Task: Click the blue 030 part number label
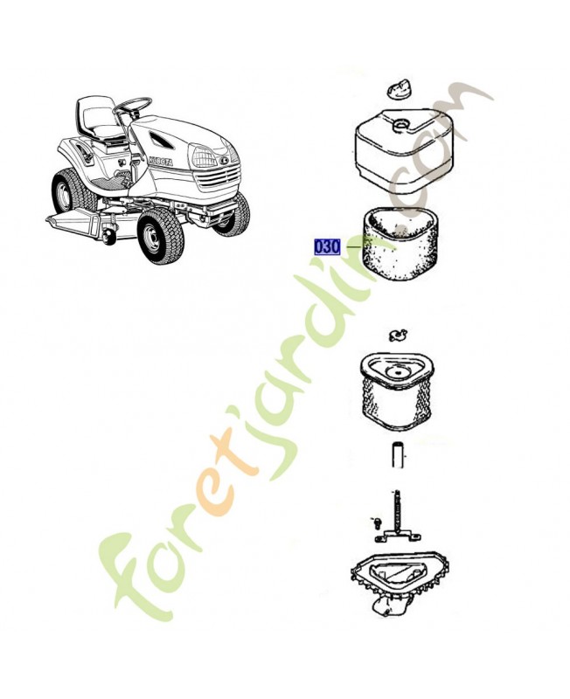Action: [x=327, y=246]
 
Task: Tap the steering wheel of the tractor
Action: [x=133, y=107]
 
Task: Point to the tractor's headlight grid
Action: [x=204, y=157]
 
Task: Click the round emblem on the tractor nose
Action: [x=226, y=159]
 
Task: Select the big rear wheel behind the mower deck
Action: [x=68, y=192]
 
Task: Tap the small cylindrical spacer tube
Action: [x=396, y=455]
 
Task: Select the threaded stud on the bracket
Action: [x=394, y=510]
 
